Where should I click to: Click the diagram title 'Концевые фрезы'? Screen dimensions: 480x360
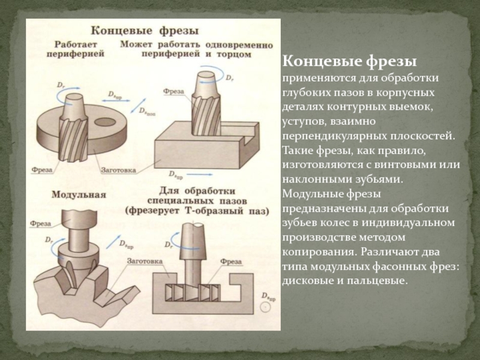point(145,29)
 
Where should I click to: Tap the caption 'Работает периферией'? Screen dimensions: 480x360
point(75,49)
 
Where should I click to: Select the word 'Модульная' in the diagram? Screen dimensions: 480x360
point(79,194)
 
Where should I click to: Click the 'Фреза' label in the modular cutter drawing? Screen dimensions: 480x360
point(40,222)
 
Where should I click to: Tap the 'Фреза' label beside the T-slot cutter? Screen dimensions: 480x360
point(231,262)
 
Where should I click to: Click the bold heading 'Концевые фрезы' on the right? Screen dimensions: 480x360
point(350,63)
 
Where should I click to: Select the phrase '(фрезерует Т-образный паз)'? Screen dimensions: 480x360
point(196,211)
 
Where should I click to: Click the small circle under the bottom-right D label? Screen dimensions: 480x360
point(265,307)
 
